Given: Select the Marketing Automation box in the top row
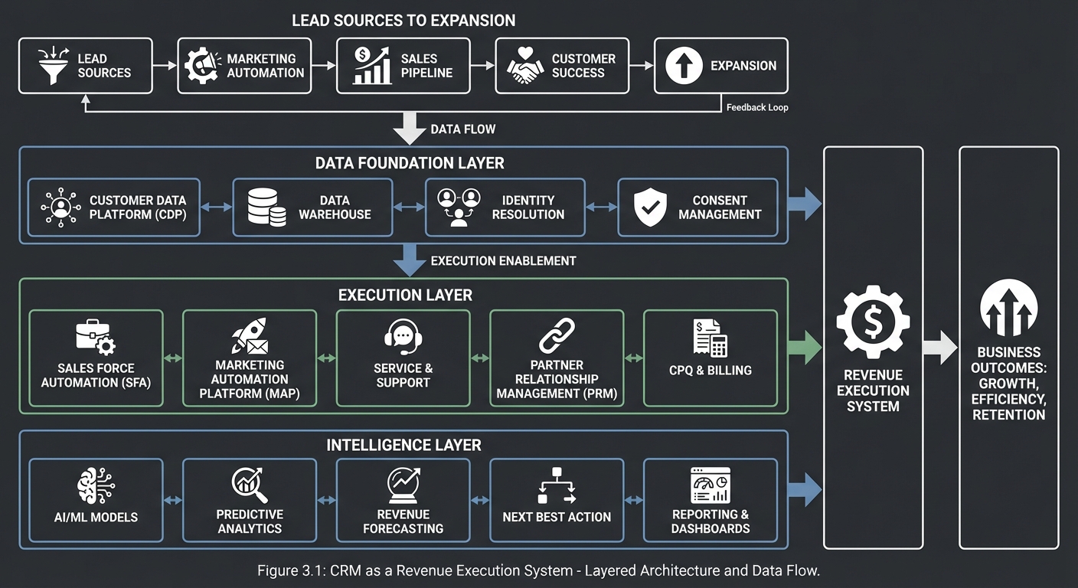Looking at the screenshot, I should point(244,66).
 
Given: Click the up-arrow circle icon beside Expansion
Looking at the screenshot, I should point(684,66).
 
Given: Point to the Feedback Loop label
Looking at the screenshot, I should point(756,108).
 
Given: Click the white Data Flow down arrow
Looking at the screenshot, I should point(410,129).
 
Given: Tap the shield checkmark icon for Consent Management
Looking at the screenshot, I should point(650,207).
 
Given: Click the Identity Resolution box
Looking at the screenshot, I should point(505,207).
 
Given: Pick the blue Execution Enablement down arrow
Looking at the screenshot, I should point(410,261).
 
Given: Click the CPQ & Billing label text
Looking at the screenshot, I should point(710,371).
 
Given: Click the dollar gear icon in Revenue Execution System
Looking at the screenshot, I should point(873,322).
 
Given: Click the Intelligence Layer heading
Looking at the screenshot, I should point(403,445).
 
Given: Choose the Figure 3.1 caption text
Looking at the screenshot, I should point(538,570).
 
